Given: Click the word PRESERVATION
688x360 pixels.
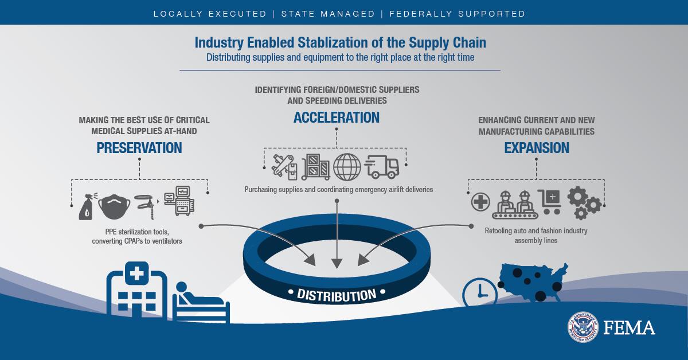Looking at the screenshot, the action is (x=139, y=148).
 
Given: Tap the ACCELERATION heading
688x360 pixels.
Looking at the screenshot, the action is (x=337, y=118).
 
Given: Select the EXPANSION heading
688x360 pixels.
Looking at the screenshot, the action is (x=537, y=148).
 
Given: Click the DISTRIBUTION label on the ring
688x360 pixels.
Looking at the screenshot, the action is (x=337, y=295).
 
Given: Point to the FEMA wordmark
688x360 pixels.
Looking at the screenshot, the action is (x=630, y=327).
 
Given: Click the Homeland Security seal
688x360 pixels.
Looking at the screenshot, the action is (x=583, y=327).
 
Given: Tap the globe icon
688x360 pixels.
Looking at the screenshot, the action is (x=347, y=167).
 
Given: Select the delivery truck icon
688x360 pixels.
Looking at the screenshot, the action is (x=382, y=167).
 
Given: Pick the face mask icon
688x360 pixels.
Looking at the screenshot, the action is (x=114, y=206).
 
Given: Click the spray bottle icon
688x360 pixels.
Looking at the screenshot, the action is (x=87, y=206).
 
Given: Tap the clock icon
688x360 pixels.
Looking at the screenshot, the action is (x=480, y=292).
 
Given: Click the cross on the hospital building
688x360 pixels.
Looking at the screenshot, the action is (x=137, y=273).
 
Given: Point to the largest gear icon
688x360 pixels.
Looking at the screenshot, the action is (x=577, y=197).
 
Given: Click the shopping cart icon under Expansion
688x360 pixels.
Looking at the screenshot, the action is (x=550, y=202).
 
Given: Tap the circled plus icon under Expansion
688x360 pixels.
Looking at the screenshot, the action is (x=480, y=202).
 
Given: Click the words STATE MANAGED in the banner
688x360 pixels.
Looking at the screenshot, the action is (x=328, y=14).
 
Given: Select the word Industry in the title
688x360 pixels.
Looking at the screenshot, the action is (x=219, y=42).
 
